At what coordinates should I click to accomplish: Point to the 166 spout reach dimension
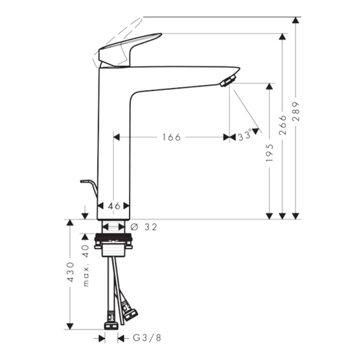pos(171,137)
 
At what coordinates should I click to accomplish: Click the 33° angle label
pos(244,136)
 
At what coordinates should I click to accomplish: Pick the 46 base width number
pos(114,206)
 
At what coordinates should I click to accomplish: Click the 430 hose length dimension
pos(71,272)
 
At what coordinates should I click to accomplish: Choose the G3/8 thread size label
pos(147,338)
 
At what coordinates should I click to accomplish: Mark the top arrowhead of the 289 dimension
pos(296,20)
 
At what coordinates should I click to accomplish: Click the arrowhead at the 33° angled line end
pos(256,131)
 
